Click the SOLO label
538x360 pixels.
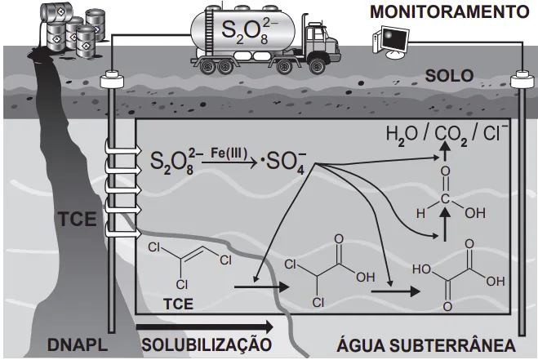click(449, 77)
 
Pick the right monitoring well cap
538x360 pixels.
click(520, 80)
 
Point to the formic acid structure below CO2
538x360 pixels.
click(444, 200)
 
